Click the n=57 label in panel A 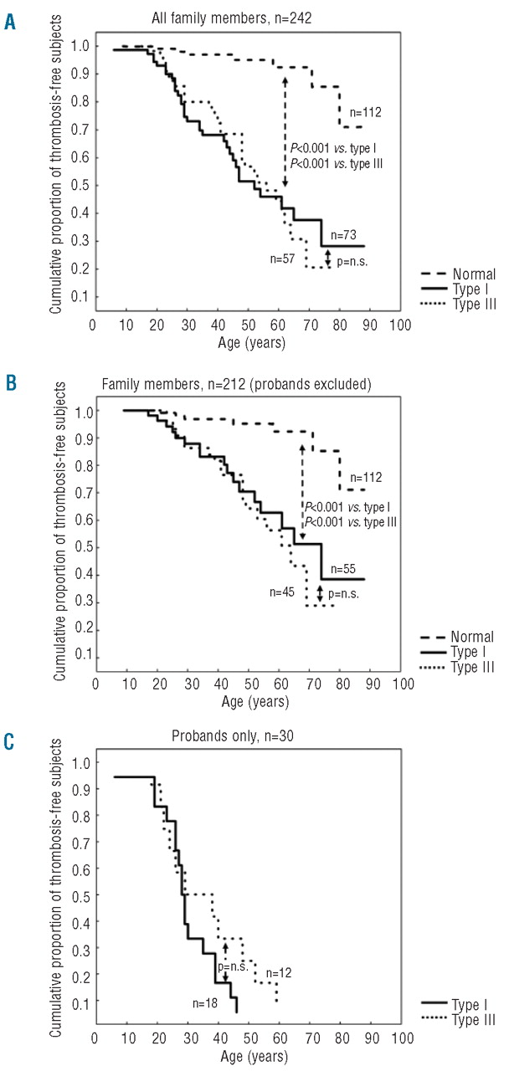(284, 259)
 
